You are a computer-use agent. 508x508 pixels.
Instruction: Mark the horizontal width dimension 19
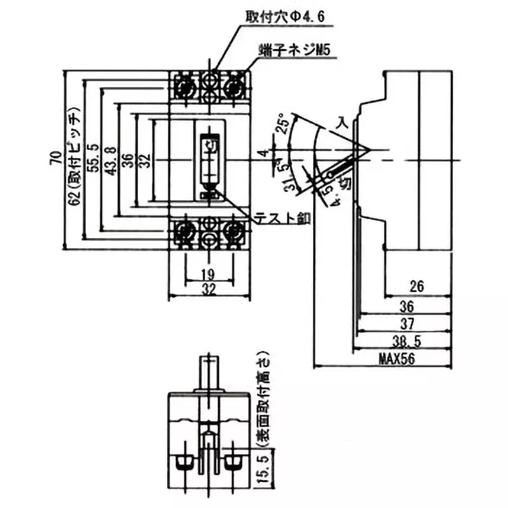pos(209,275)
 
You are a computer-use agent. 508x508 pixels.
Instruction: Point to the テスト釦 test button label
pos(282,218)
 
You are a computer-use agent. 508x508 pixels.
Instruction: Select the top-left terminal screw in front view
pos(185,86)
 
